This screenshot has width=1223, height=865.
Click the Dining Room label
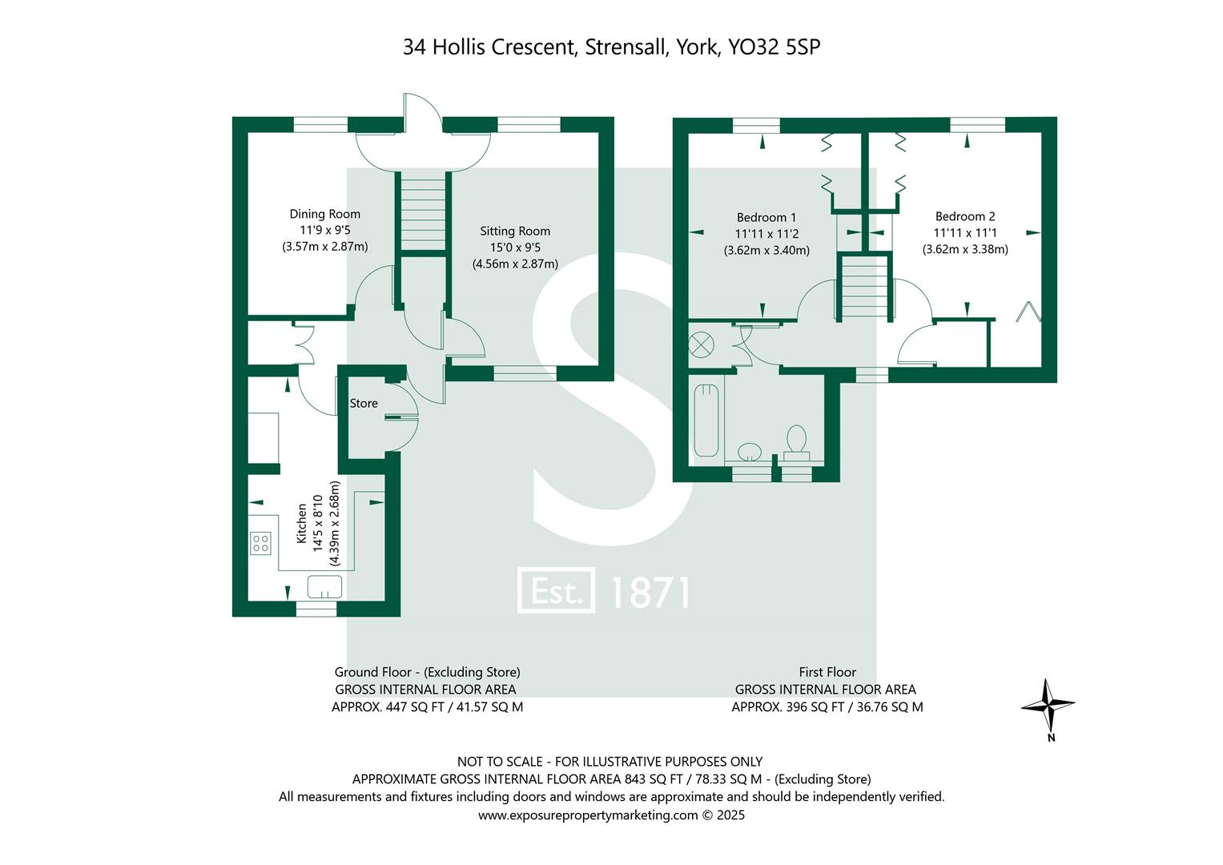(324, 214)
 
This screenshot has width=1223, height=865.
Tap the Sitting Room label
(514, 231)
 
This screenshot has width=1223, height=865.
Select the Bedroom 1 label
(766, 217)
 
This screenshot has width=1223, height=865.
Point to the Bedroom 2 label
(964, 216)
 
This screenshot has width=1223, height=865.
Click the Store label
(364, 404)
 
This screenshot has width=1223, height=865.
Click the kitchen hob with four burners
(260, 544)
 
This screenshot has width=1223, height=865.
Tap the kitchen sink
(325, 586)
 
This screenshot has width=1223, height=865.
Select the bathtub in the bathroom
(706, 420)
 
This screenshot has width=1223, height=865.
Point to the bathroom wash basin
(750, 453)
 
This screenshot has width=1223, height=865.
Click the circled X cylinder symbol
(701, 346)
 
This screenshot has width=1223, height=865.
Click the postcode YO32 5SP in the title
(774, 47)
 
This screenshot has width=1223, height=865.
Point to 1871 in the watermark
(650, 593)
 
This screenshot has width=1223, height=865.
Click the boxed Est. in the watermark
(557, 592)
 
